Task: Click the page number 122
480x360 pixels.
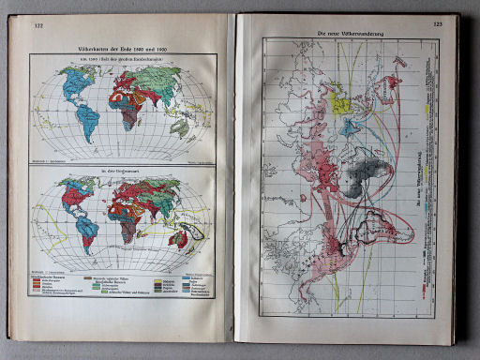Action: click(38, 26)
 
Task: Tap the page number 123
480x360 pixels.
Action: click(438, 24)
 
